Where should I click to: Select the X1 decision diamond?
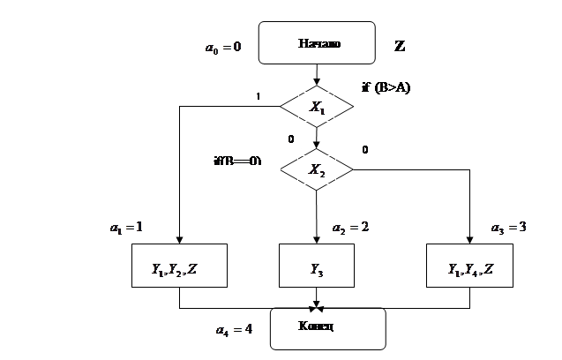[316, 107]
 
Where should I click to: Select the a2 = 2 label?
[349, 227]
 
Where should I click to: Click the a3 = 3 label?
[509, 227]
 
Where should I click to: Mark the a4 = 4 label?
[235, 330]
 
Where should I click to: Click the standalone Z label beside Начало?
[401, 46]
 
